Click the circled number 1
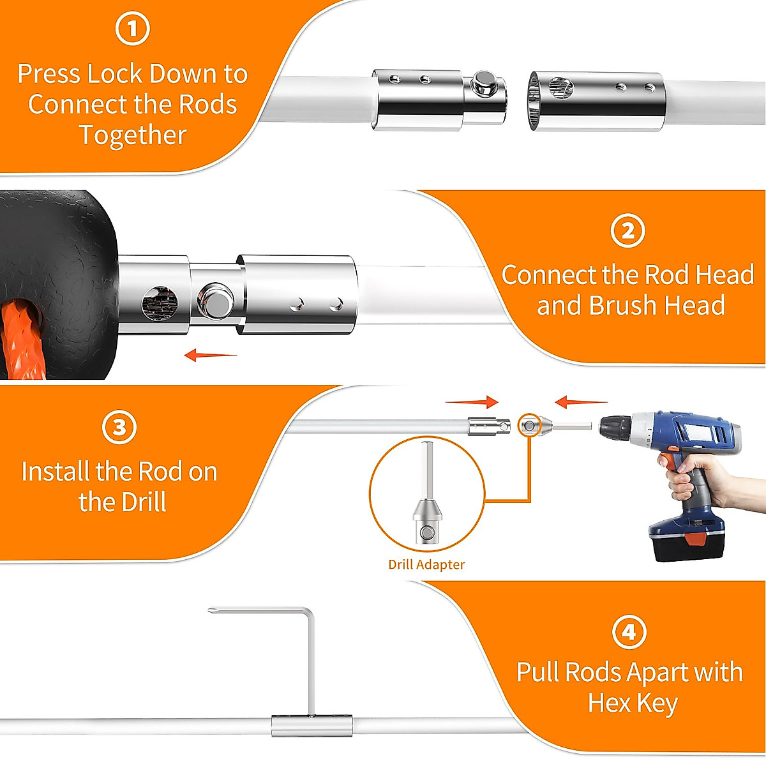click(132, 29)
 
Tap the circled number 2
click(627, 230)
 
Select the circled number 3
click(119, 427)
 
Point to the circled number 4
click(629, 631)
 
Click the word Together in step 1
click(133, 135)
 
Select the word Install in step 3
click(56, 472)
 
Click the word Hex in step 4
click(609, 703)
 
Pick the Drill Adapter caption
click(426, 564)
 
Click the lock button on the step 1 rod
click(485, 83)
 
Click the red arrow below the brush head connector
click(210, 355)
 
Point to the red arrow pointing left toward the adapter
click(580, 402)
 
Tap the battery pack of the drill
click(686, 536)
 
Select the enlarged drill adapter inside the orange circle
click(426, 504)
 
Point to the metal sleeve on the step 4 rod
click(312, 726)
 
